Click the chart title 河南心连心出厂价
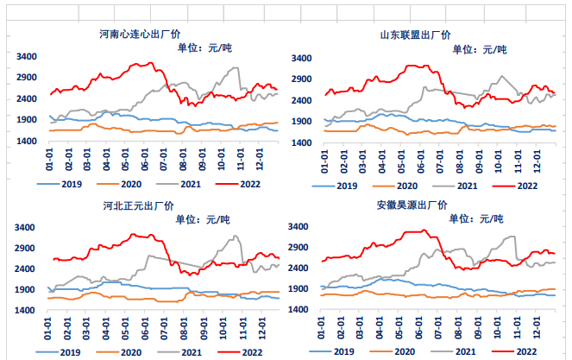point(140,35)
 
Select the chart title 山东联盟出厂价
point(415,35)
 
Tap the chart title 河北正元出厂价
point(138,206)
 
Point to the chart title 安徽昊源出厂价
point(412,205)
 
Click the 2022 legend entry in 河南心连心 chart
point(238,184)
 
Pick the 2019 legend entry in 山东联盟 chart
point(335,186)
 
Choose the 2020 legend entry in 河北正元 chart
point(118,352)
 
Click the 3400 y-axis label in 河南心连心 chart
point(27,57)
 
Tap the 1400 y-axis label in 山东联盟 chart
point(301,142)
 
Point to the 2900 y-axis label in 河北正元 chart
point(24,249)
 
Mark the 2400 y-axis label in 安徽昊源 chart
point(298,268)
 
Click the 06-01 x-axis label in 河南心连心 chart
point(145,160)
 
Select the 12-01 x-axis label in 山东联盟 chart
point(536,161)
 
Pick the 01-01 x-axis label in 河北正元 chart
point(47,329)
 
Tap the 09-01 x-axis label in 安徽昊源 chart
point(477,328)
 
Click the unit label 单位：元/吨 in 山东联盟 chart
point(480,49)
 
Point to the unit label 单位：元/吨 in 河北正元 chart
point(203,219)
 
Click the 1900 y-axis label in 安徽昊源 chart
point(298,289)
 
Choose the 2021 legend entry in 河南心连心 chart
point(179,184)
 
